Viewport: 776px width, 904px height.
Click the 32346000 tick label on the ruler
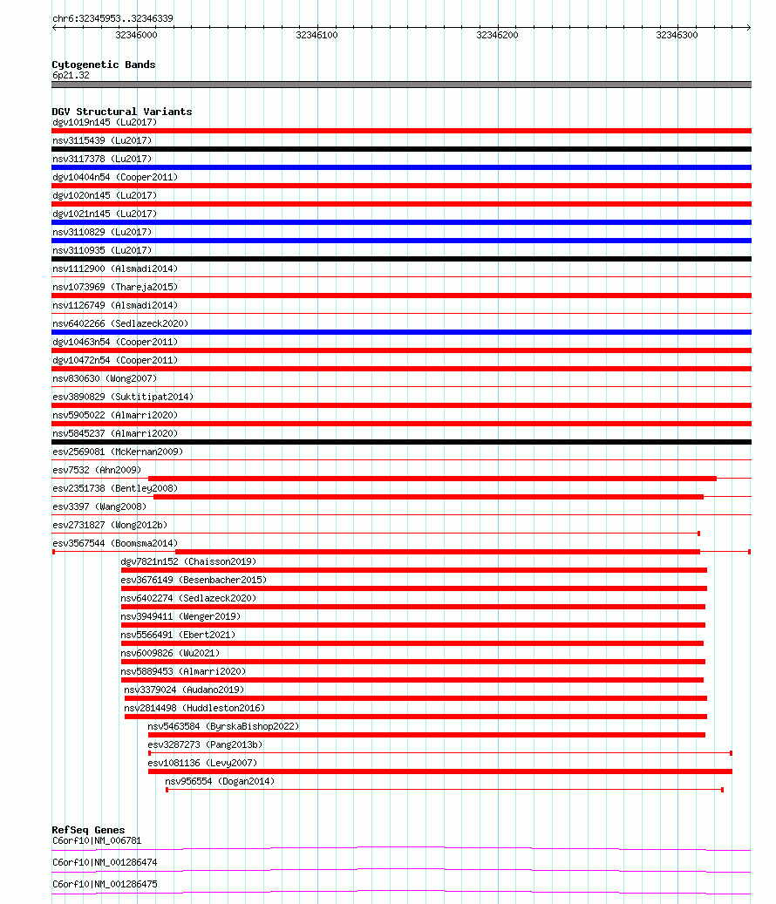coord(136,35)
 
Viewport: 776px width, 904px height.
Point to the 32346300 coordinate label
coord(677,35)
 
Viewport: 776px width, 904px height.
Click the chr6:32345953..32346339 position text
coord(112,18)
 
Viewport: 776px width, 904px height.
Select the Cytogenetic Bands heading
coord(104,65)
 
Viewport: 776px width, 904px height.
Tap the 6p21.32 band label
coord(71,75)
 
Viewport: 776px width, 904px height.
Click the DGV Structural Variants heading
coord(122,112)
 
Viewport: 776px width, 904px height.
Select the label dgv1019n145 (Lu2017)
coord(105,122)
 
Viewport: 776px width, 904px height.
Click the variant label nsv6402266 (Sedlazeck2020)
coord(120,323)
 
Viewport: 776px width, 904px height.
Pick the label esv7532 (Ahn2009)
coord(97,470)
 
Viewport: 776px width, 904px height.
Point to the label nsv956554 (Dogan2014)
coord(220,781)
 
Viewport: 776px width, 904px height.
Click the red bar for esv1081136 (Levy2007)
coord(439,771)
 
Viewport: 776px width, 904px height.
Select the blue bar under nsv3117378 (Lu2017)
coord(401,167)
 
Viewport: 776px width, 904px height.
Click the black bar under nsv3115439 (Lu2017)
coord(401,149)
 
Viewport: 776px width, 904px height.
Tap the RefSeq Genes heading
coord(88,830)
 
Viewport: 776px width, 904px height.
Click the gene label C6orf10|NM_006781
coord(97,840)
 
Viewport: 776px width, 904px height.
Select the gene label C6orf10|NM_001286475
coord(106,884)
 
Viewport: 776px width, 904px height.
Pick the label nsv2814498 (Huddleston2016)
coord(194,708)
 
